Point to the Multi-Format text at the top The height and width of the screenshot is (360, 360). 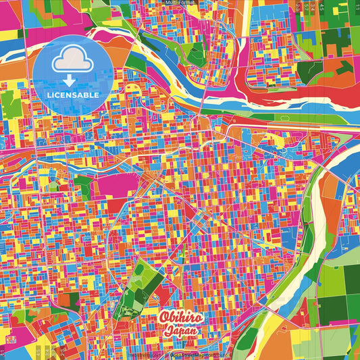tap(180, 3)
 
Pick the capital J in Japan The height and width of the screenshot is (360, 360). tap(170, 332)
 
